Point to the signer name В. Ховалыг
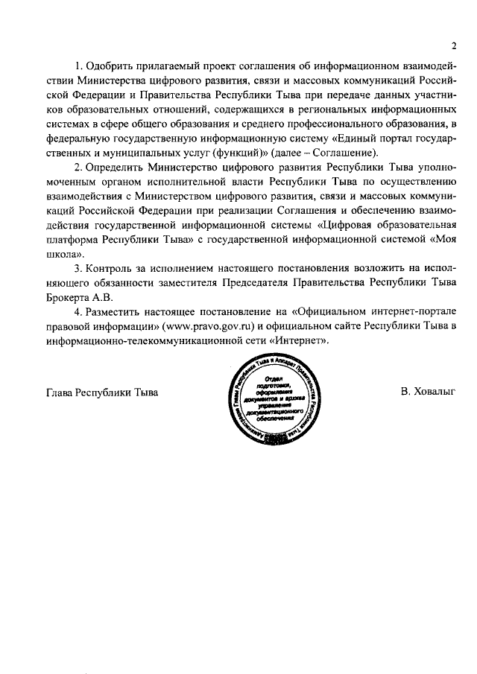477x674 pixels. pyautogui.click(x=426, y=391)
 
